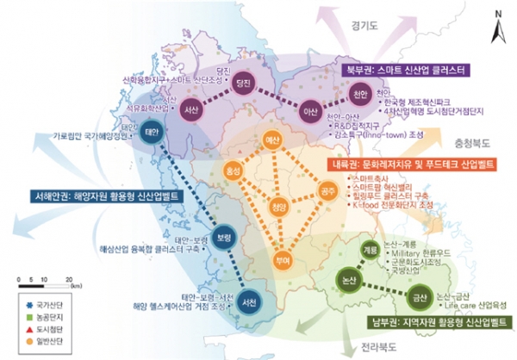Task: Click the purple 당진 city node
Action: pyautogui.click(x=243, y=82)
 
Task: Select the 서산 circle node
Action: pyautogui.click(x=191, y=109)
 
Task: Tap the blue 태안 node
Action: pyautogui.click(x=154, y=133)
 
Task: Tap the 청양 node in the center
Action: pyautogui.click(x=277, y=207)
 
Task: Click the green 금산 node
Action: pyautogui.click(x=420, y=295)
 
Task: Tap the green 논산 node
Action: pyautogui.click(x=350, y=282)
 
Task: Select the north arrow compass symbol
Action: pyautogui.click(x=497, y=28)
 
